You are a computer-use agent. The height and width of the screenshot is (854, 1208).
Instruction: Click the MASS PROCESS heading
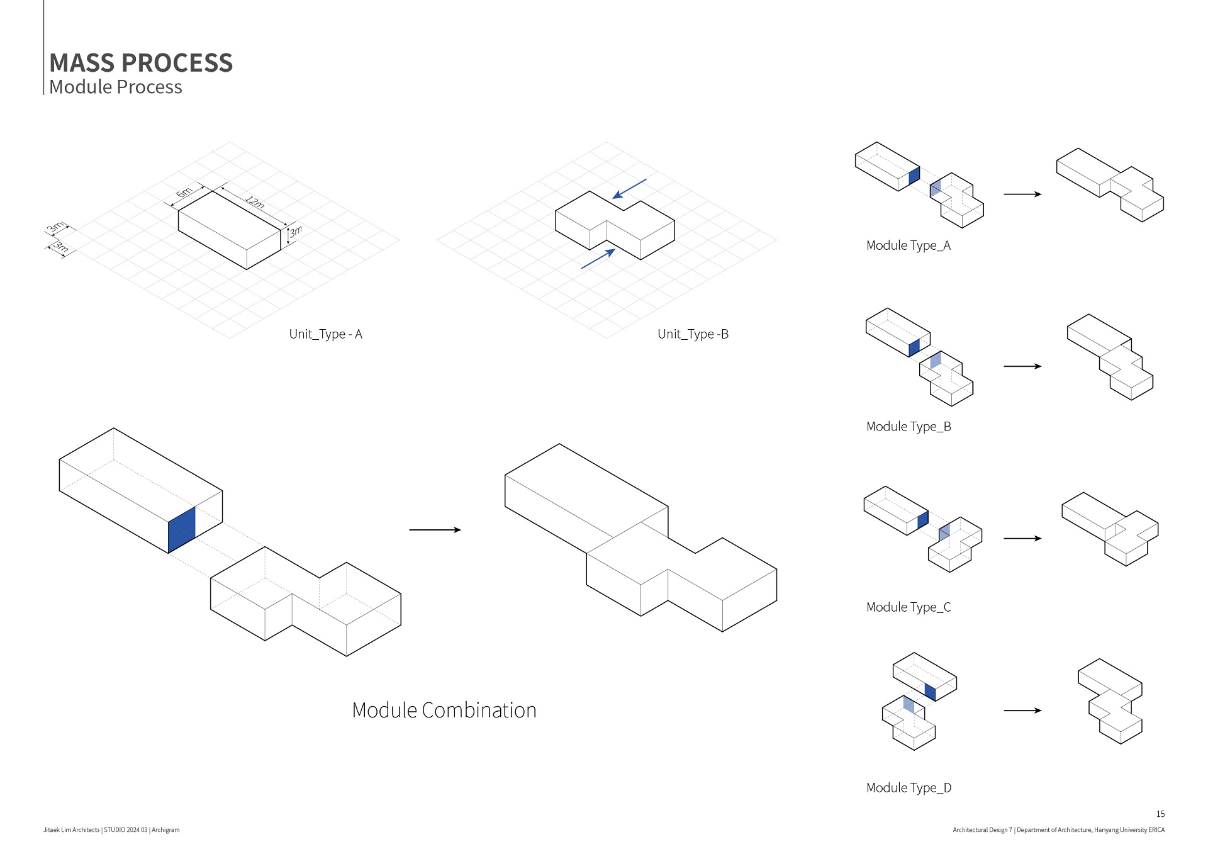click(141, 63)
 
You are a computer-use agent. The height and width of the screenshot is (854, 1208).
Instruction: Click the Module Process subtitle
click(116, 87)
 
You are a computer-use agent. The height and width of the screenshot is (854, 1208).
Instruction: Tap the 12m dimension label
click(255, 202)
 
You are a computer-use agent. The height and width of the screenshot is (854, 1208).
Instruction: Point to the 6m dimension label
click(184, 192)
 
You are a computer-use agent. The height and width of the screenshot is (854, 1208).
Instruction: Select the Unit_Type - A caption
click(325, 334)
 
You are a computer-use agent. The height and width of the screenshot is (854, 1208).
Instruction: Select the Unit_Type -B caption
click(693, 334)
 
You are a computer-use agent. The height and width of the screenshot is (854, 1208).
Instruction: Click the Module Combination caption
click(444, 710)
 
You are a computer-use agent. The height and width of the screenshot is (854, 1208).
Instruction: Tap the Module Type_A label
click(908, 245)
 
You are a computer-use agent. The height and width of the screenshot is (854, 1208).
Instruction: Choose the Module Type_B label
click(909, 427)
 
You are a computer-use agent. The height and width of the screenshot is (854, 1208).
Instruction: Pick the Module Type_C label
click(909, 607)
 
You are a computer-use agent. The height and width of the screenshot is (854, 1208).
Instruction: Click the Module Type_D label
click(909, 788)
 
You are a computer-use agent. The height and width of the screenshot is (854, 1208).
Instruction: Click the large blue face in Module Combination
click(181, 529)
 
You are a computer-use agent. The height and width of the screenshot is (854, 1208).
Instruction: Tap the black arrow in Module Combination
click(435, 530)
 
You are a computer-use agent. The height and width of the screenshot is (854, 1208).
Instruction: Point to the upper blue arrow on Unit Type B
click(629, 189)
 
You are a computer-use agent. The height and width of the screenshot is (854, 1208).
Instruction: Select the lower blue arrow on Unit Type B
click(598, 259)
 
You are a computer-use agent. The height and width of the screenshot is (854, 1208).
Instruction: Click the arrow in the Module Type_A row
click(1022, 194)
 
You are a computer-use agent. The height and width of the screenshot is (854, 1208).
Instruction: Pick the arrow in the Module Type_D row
click(1022, 711)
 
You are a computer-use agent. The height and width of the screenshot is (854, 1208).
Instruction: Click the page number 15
click(1160, 814)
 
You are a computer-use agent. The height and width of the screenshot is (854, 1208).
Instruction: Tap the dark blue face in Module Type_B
click(914, 347)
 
